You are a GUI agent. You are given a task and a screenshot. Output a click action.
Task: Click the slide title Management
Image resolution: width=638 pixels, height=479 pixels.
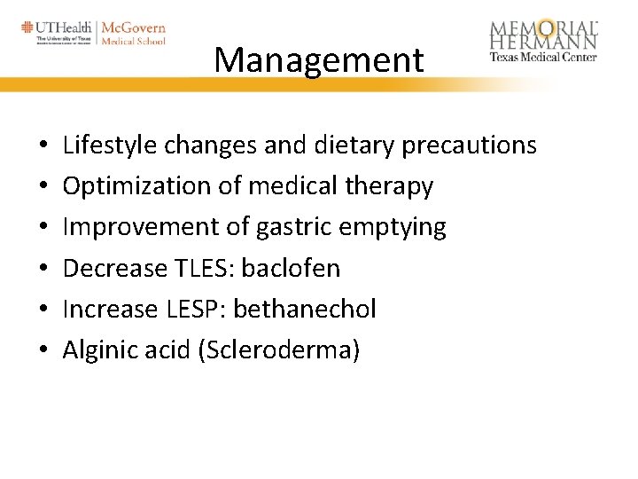coord(319,60)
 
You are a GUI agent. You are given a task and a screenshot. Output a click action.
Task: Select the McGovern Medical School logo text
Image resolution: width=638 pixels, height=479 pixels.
coord(133,34)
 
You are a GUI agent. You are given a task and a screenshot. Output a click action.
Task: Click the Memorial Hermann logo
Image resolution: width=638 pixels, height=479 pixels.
coord(543,40)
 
